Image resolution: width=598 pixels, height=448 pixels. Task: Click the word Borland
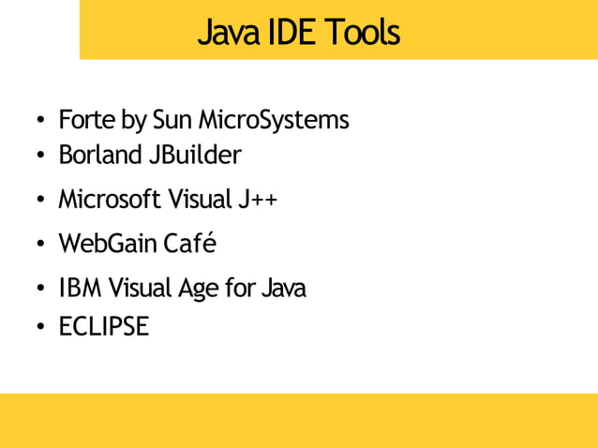[x=100, y=154]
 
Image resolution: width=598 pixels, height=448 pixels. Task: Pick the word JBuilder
[x=195, y=154]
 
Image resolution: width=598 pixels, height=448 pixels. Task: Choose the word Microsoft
[x=109, y=200]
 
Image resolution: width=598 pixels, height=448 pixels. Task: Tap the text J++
[x=256, y=200]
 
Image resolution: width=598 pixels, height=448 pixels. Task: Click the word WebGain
[x=107, y=244]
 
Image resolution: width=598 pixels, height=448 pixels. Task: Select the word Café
[x=189, y=244]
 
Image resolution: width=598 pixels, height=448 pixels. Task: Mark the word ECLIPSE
[x=103, y=327]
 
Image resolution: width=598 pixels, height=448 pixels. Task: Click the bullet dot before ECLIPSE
[x=41, y=328]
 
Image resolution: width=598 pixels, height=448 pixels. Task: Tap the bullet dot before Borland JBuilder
[x=41, y=156]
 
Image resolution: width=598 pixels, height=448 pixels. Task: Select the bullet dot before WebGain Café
[x=41, y=246]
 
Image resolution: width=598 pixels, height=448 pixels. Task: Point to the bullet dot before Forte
[x=41, y=122]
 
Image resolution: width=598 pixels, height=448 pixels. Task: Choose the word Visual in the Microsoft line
[x=202, y=200]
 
